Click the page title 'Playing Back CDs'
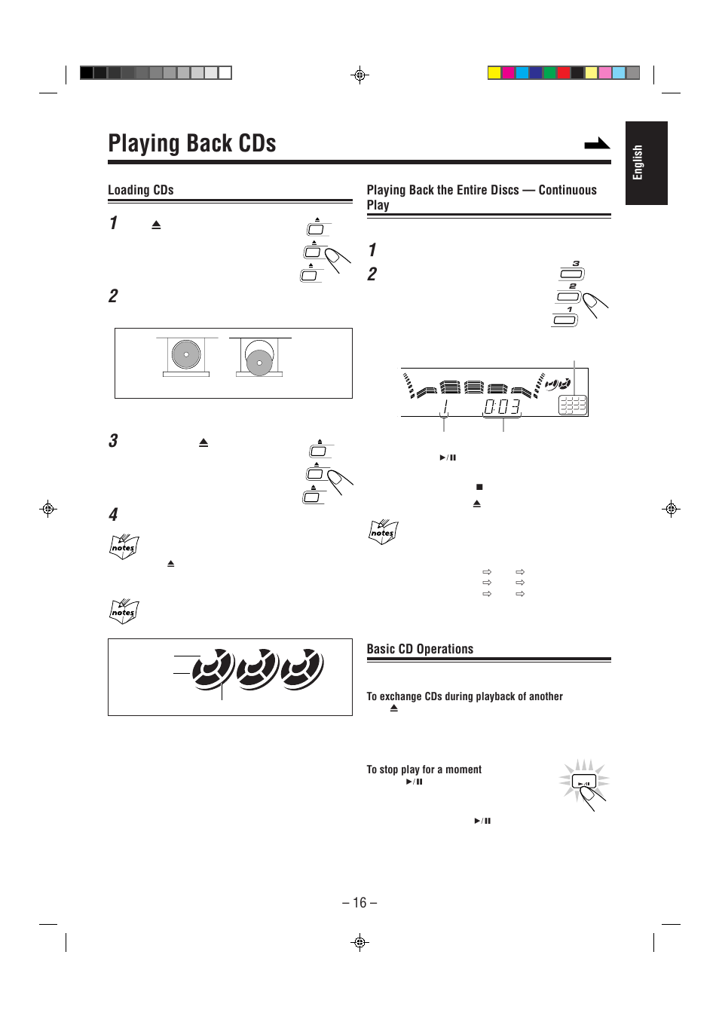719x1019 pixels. click(x=192, y=143)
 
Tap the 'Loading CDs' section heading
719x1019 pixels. click(x=141, y=190)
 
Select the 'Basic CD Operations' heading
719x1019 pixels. click(x=420, y=649)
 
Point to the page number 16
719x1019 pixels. click(x=359, y=903)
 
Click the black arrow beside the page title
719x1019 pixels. click(x=597, y=143)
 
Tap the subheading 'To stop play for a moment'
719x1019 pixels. click(x=424, y=770)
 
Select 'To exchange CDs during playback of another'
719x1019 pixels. click(x=464, y=696)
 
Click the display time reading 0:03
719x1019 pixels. click(x=502, y=407)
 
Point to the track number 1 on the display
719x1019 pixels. click(x=445, y=408)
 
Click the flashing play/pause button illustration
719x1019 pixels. click(x=584, y=782)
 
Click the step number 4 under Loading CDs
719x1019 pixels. click(x=113, y=515)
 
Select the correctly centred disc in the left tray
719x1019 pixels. click(x=186, y=354)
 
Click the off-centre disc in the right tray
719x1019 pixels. click(x=259, y=361)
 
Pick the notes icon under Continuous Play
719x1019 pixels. click(x=383, y=532)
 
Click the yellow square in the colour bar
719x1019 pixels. click(x=494, y=73)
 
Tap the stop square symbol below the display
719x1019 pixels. click(x=479, y=487)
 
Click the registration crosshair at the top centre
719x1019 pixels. click(x=359, y=75)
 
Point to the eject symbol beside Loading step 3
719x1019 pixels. click(x=203, y=442)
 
